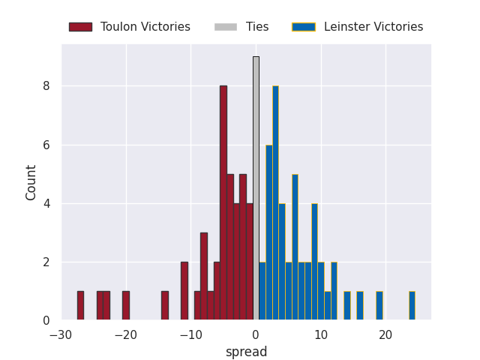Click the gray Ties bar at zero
[256, 188]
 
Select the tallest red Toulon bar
[223, 202]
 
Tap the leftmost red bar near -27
[80, 306]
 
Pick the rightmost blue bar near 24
[412, 306]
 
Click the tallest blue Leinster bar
[275, 202]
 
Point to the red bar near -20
[126, 306]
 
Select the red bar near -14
[165, 306]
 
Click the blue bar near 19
[379, 306]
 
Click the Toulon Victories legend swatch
[80, 27]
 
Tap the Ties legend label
[257, 27]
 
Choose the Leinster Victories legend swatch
[304, 27]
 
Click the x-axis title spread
[246, 352]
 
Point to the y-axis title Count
[31, 182]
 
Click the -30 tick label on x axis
[61, 334]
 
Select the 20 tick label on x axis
[385, 334]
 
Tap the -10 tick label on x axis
[190, 334]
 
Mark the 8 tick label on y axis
[46, 86]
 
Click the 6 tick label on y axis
[46, 145]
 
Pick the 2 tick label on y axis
[46, 262]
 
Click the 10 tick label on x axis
[321, 334]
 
